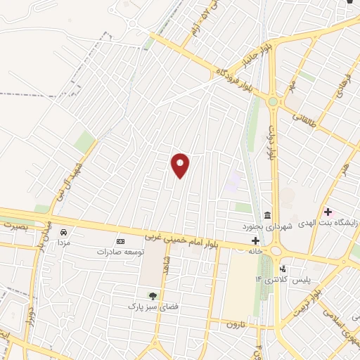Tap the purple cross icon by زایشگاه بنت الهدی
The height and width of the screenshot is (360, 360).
[328, 212]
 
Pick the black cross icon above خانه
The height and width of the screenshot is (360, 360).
[255, 240]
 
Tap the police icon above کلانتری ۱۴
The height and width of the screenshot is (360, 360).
[283, 269]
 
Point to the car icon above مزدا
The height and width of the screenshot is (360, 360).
[64, 232]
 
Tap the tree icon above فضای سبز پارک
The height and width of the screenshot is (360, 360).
[151, 295]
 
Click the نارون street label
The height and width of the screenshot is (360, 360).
[235, 324]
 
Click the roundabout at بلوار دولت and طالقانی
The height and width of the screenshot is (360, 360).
[273, 102]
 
